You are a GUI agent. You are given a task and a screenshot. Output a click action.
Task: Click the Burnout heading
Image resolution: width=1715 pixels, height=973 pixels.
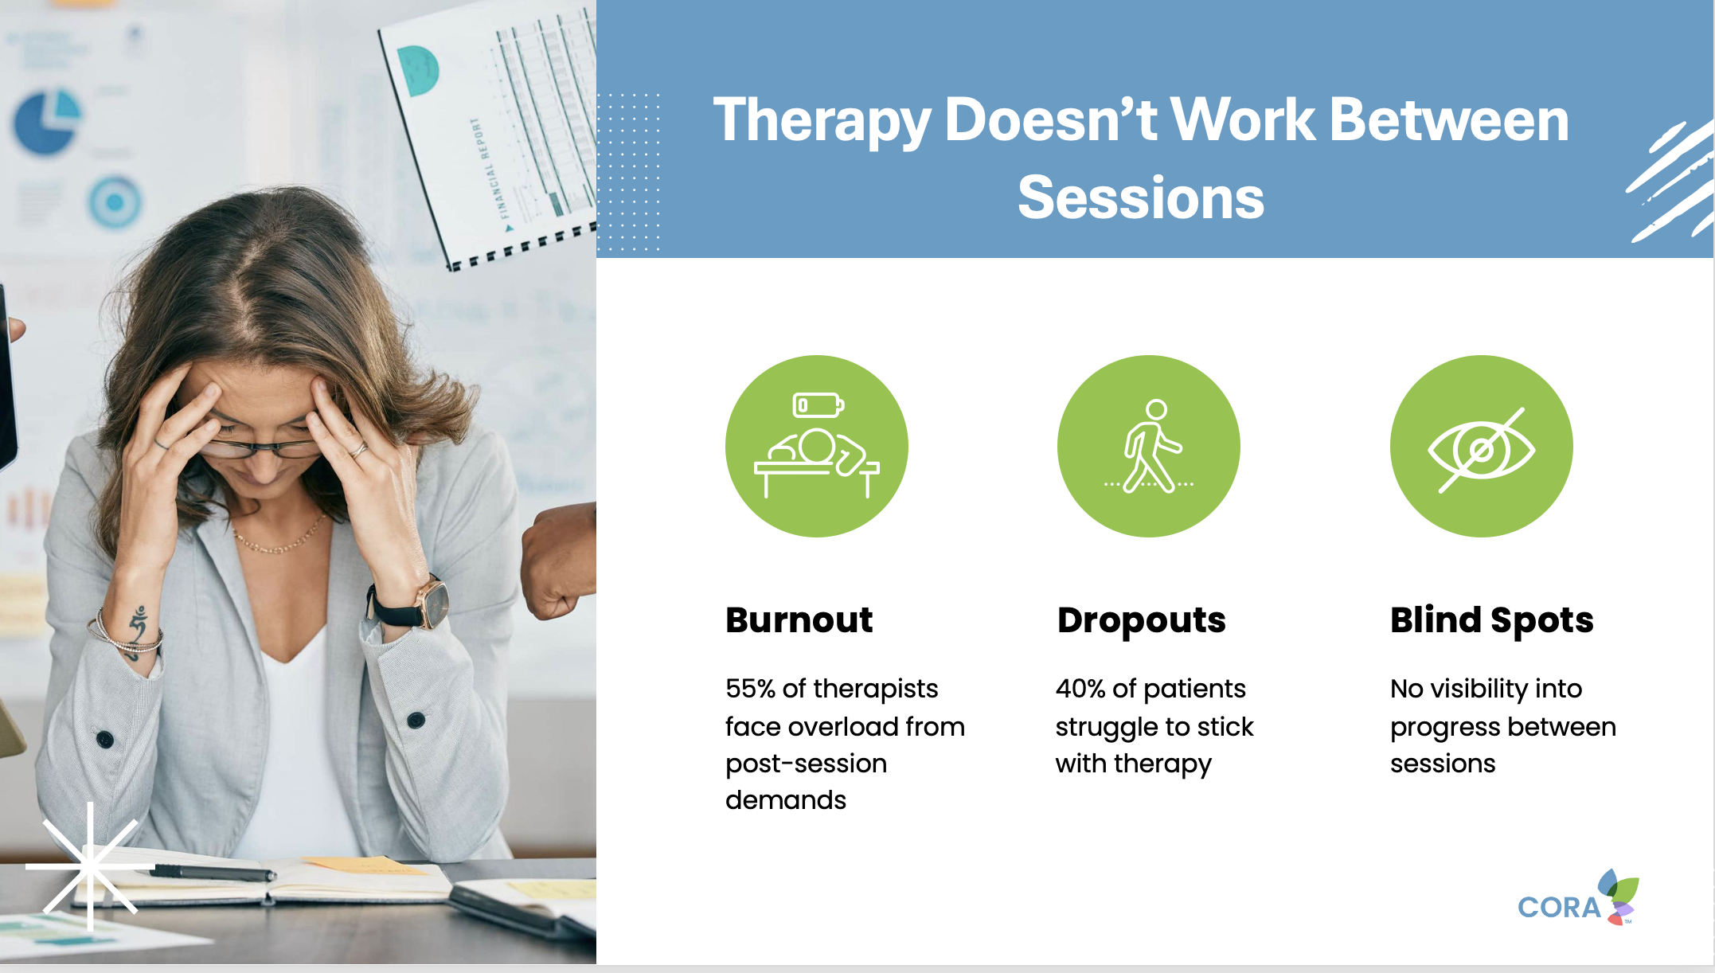799,619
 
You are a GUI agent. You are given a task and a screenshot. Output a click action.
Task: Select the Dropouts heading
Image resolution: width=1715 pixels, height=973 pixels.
1141,621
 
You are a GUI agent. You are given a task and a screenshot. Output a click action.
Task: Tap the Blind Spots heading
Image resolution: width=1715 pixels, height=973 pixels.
1491,621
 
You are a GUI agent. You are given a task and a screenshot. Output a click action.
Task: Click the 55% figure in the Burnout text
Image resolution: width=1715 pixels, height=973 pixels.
750,689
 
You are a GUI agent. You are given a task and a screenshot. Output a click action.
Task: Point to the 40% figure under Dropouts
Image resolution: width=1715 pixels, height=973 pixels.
1080,689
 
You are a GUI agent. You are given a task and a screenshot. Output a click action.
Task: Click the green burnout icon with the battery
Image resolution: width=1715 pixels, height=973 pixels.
816,446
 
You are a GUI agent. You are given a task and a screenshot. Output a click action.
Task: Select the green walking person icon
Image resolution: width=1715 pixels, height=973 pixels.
1148,446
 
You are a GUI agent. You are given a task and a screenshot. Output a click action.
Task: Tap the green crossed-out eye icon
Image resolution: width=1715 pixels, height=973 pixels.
1481,446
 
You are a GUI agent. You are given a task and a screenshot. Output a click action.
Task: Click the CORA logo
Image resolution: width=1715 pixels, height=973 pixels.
1577,898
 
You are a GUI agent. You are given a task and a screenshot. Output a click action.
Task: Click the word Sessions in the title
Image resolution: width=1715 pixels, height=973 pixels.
1140,197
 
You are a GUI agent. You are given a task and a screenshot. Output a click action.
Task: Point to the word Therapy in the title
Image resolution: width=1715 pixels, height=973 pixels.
822,121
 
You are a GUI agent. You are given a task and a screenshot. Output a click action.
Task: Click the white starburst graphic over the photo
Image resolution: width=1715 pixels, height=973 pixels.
89,866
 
